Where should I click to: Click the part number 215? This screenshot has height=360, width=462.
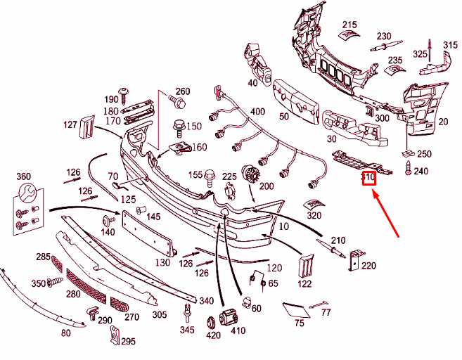[x=349, y=25]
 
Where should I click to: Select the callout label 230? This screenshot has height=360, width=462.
[x=383, y=37]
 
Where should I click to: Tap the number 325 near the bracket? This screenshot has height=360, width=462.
[x=420, y=54]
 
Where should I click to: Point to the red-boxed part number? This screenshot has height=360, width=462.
[x=369, y=178]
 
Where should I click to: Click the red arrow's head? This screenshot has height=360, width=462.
[x=373, y=194]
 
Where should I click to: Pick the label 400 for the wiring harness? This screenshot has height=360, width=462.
[x=257, y=112]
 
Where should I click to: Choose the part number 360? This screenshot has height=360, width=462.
[x=23, y=176]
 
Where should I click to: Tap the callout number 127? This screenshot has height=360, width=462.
[x=70, y=125]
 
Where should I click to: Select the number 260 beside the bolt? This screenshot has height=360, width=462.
[x=183, y=91]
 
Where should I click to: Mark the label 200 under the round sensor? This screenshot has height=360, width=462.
[x=267, y=186]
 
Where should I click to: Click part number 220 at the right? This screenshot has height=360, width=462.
[x=368, y=266]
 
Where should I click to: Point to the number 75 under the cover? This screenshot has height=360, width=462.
[x=299, y=323]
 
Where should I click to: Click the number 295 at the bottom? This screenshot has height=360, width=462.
[x=127, y=342]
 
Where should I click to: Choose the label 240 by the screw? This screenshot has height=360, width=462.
[x=421, y=171]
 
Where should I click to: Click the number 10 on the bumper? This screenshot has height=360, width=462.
[x=284, y=226]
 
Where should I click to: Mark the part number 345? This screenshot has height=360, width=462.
[x=186, y=330]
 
